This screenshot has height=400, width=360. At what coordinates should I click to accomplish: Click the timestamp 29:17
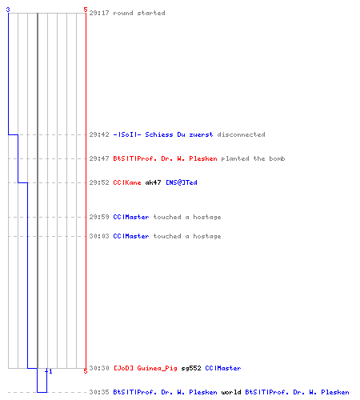[x=99, y=13]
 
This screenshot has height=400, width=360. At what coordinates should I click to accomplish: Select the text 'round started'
[x=139, y=13]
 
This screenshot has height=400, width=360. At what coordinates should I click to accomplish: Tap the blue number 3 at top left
[x=8, y=10]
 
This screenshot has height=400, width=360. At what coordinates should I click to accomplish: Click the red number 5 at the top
[x=86, y=10]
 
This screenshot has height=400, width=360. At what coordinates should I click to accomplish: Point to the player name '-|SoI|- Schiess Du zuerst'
[x=163, y=134]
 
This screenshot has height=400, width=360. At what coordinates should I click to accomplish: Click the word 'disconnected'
[x=241, y=134]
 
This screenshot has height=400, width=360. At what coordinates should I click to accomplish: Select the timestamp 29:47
[x=99, y=158]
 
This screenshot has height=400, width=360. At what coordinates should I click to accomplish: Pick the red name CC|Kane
[x=127, y=182]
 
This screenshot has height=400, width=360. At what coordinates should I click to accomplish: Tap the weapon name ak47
[x=153, y=182]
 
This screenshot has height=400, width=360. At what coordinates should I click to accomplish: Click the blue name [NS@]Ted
[x=182, y=182]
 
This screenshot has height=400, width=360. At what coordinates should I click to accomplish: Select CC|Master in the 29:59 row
[x=131, y=217]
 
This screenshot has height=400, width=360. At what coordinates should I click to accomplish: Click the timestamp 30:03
[x=99, y=236]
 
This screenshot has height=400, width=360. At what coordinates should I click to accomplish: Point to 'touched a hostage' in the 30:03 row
[x=187, y=236]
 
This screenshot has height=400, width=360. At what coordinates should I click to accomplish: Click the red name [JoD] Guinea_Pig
[x=146, y=368]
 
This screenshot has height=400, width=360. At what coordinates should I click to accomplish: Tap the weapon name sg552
[x=191, y=368]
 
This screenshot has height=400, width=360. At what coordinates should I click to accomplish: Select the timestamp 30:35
[x=99, y=392]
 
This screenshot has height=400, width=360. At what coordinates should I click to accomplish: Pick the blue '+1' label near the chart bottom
[x=49, y=371]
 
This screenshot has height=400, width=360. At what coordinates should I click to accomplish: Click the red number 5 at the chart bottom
[x=86, y=371]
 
